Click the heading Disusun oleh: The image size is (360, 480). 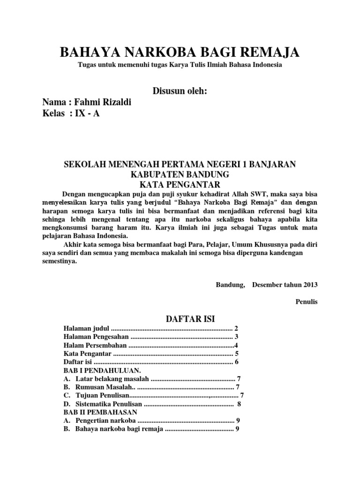click(x=180, y=90)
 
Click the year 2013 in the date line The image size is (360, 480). click(x=310, y=284)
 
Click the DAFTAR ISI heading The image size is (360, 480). click(x=191, y=319)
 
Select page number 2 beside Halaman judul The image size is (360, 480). click(x=237, y=328)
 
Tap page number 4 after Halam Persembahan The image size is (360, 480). click(x=236, y=345)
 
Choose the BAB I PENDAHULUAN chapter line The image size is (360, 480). click(x=96, y=370)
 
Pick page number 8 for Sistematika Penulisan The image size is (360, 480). click(x=239, y=404)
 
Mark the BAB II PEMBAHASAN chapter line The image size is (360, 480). click(x=100, y=412)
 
